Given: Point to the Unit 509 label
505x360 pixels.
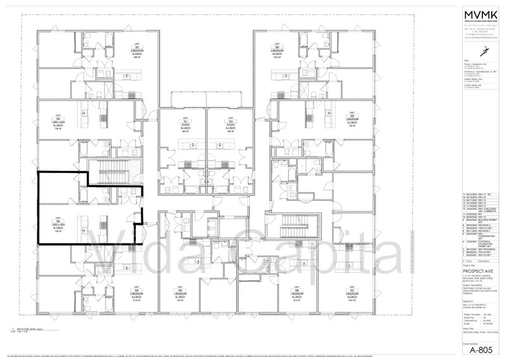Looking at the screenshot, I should coord(278,51).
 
